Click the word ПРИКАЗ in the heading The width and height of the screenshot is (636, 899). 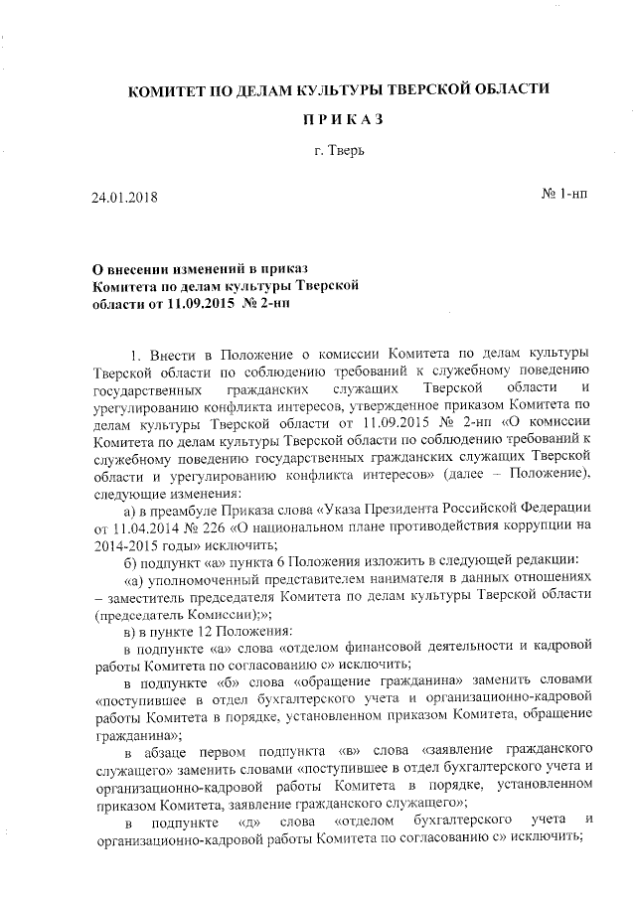(x=342, y=120)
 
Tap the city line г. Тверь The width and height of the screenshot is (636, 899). (x=341, y=153)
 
